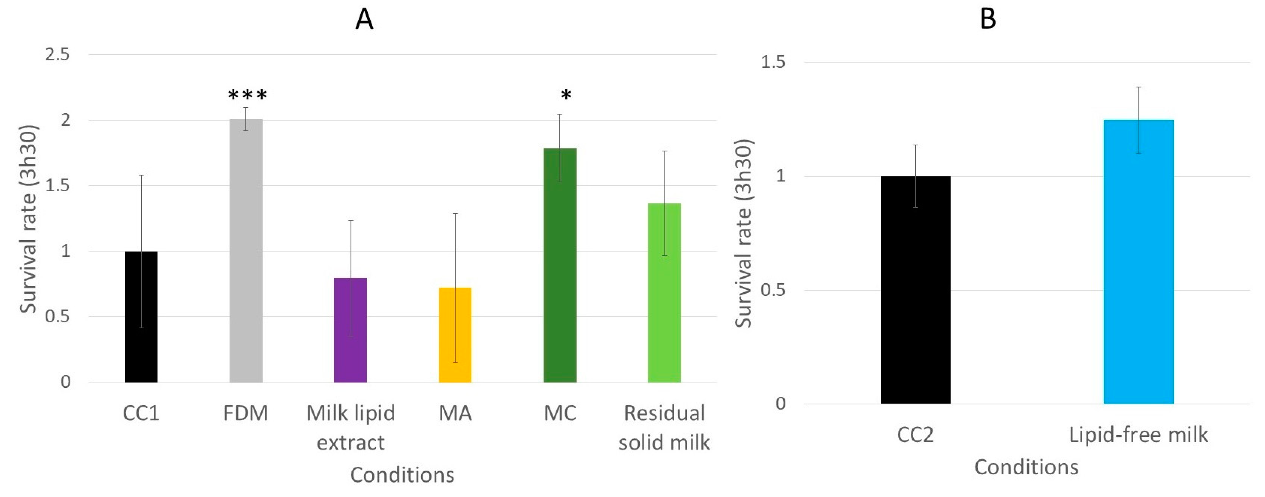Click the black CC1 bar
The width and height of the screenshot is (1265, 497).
(x=141, y=317)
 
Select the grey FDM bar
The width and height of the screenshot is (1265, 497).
(x=246, y=250)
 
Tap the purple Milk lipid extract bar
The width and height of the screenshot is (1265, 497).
(x=351, y=330)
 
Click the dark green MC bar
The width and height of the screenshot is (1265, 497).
(x=560, y=265)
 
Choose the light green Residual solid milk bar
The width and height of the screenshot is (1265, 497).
(x=664, y=293)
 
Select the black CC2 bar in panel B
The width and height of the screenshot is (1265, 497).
(x=915, y=290)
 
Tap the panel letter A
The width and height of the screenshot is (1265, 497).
(x=364, y=20)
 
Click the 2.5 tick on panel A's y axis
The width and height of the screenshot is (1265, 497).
(x=58, y=55)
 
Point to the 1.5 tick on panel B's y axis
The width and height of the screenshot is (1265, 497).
(x=773, y=62)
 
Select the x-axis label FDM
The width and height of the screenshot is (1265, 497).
(x=246, y=413)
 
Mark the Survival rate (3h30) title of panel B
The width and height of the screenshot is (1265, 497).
(x=743, y=233)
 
